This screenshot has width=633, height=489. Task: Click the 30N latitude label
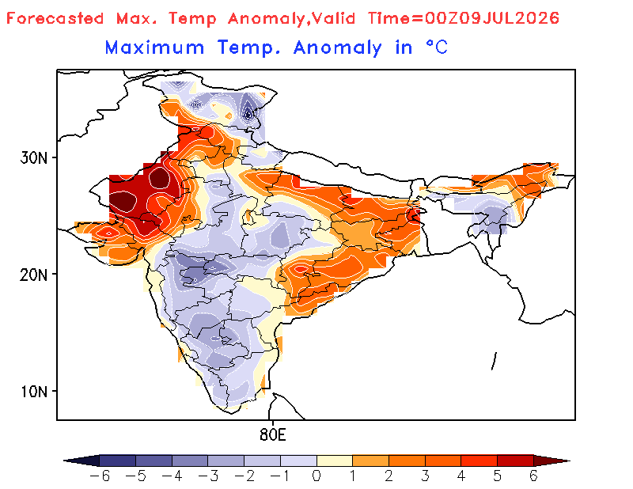pyautogui.click(x=33, y=157)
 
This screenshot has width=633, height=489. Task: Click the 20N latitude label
pyautogui.click(x=33, y=275)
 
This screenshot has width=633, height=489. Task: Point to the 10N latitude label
pyautogui.click(x=33, y=392)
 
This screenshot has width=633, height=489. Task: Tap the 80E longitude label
pyautogui.click(x=272, y=435)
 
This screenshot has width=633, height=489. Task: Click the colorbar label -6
pyautogui.click(x=100, y=476)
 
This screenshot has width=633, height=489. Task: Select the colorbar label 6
pyautogui.click(x=533, y=476)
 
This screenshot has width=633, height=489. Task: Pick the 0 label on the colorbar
pyautogui.click(x=316, y=476)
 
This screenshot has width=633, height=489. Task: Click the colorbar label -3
pyautogui.click(x=208, y=476)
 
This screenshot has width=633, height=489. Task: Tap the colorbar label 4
pyautogui.click(x=461, y=476)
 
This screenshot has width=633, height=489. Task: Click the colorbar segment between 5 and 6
pyautogui.click(x=515, y=461)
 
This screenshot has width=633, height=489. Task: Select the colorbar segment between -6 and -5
pyautogui.click(x=117, y=461)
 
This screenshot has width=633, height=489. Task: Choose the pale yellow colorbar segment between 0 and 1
pyautogui.click(x=335, y=461)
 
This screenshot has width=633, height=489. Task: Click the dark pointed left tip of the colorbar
pyautogui.click(x=65, y=461)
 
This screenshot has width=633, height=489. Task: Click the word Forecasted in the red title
pyautogui.click(x=55, y=18)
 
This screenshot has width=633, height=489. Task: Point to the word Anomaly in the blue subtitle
pyautogui.click(x=337, y=48)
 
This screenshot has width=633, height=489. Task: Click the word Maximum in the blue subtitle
pyautogui.click(x=154, y=47)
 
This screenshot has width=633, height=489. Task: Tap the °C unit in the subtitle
pyautogui.click(x=437, y=47)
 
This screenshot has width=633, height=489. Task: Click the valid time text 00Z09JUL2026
pyautogui.click(x=491, y=18)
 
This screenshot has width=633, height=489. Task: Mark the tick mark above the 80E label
pyautogui.click(x=272, y=423)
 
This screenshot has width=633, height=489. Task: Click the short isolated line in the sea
pyautogui.click(x=494, y=361)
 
